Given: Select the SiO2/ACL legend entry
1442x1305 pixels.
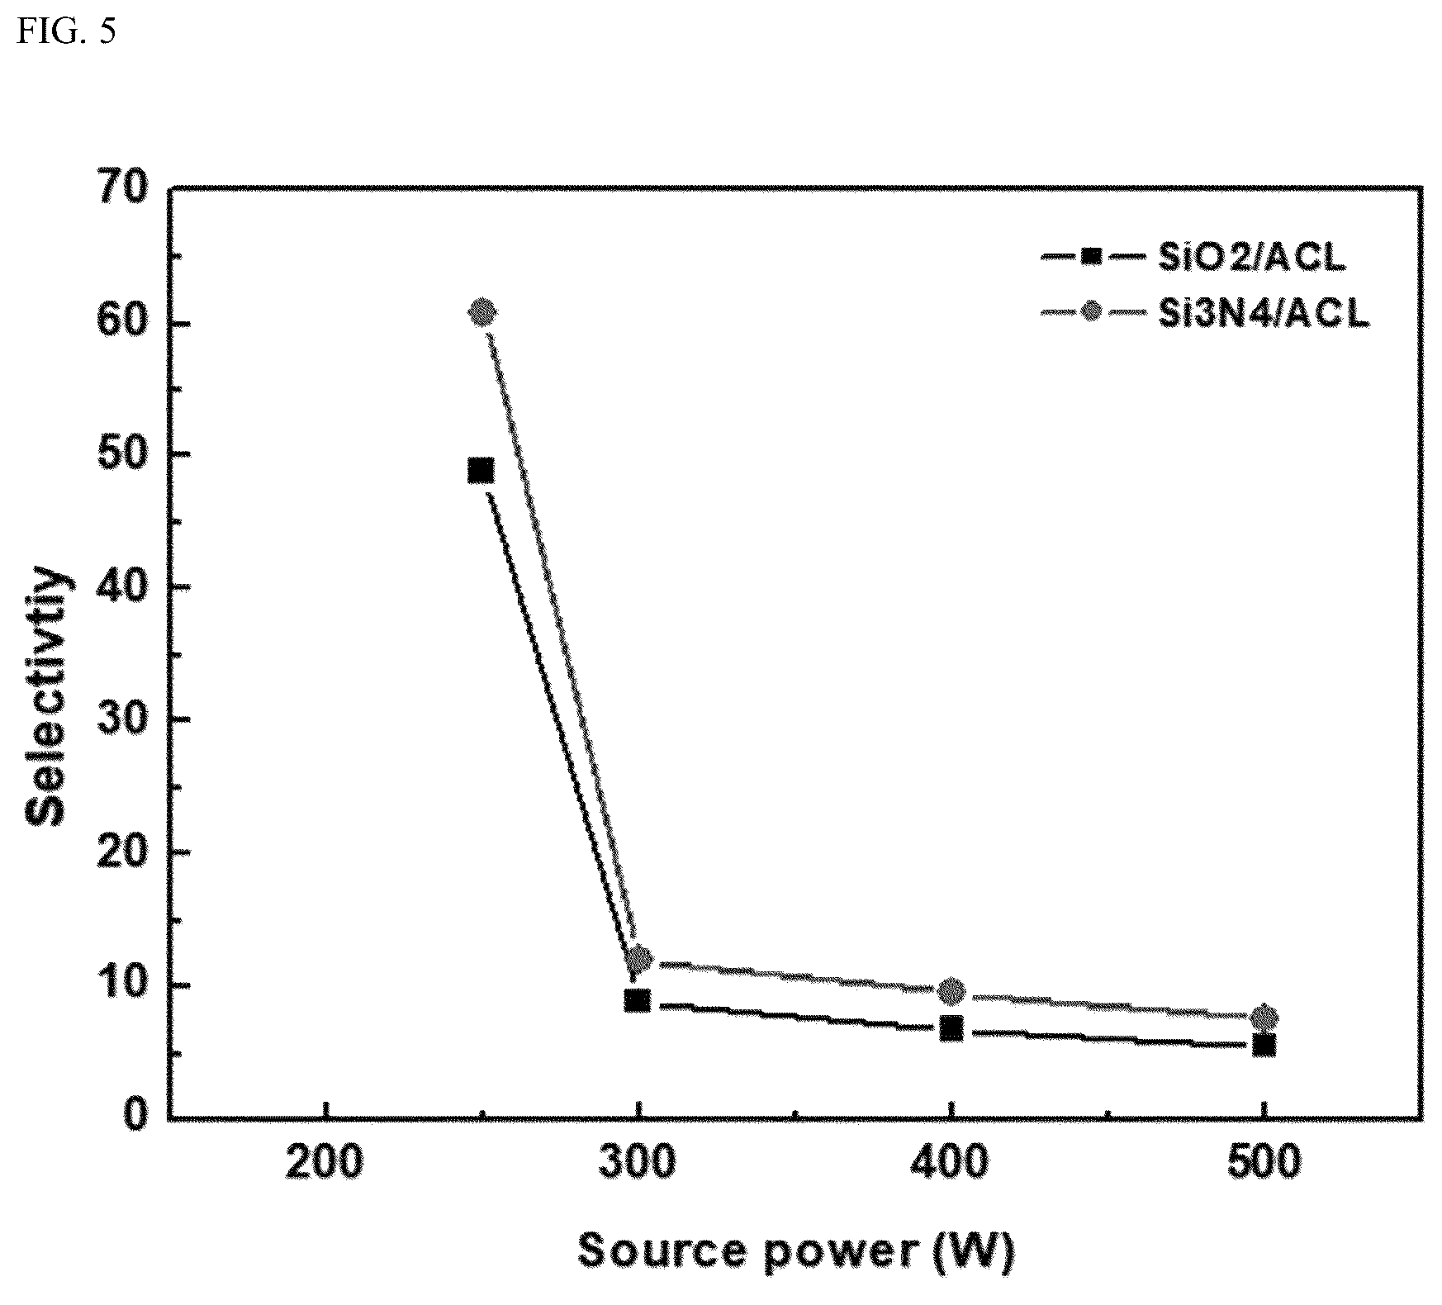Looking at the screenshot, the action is [x=1193, y=258].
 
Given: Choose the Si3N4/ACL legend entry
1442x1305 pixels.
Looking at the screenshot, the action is [x=1205, y=313].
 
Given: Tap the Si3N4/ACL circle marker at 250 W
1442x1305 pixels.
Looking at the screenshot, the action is [x=482, y=312].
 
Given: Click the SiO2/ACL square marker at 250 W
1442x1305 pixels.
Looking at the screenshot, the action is [x=481, y=471].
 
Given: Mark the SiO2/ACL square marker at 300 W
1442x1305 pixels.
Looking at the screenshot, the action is [x=637, y=1000].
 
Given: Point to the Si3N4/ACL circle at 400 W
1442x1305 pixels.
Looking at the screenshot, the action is [x=952, y=989].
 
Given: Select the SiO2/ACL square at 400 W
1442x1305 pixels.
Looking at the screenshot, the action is [x=951, y=1029].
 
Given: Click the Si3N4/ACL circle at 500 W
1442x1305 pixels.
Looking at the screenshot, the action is [x=1264, y=1017].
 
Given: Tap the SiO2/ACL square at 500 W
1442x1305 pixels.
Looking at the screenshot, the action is [x=1264, y=1046].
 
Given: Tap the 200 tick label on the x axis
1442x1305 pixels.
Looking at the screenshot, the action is [x=325, y=1164].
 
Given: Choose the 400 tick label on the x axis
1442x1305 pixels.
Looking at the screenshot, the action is [x=951, y=1164].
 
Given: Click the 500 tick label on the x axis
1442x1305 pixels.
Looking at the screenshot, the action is [x=1263, y=1164].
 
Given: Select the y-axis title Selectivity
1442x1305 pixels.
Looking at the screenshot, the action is [x=47, y=695].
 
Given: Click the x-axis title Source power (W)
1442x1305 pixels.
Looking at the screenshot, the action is [x=795, y=1250].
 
